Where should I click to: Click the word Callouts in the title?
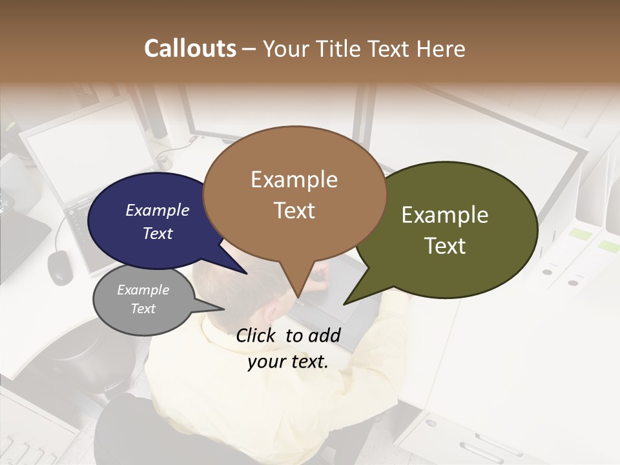(x=190, y=48)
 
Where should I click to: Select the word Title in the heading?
(x=340, y=48)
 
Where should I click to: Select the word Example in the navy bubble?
(x=157, y=210)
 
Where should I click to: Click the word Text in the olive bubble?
(x=445, y=246)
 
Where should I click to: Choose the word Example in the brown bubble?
(x=294, y=179)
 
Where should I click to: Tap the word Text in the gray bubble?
(x=143, y=309)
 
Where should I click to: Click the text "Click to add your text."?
(x=288, y=348)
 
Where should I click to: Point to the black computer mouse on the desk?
(x=59, y=266)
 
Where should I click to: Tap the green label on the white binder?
(x=579, y=234)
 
